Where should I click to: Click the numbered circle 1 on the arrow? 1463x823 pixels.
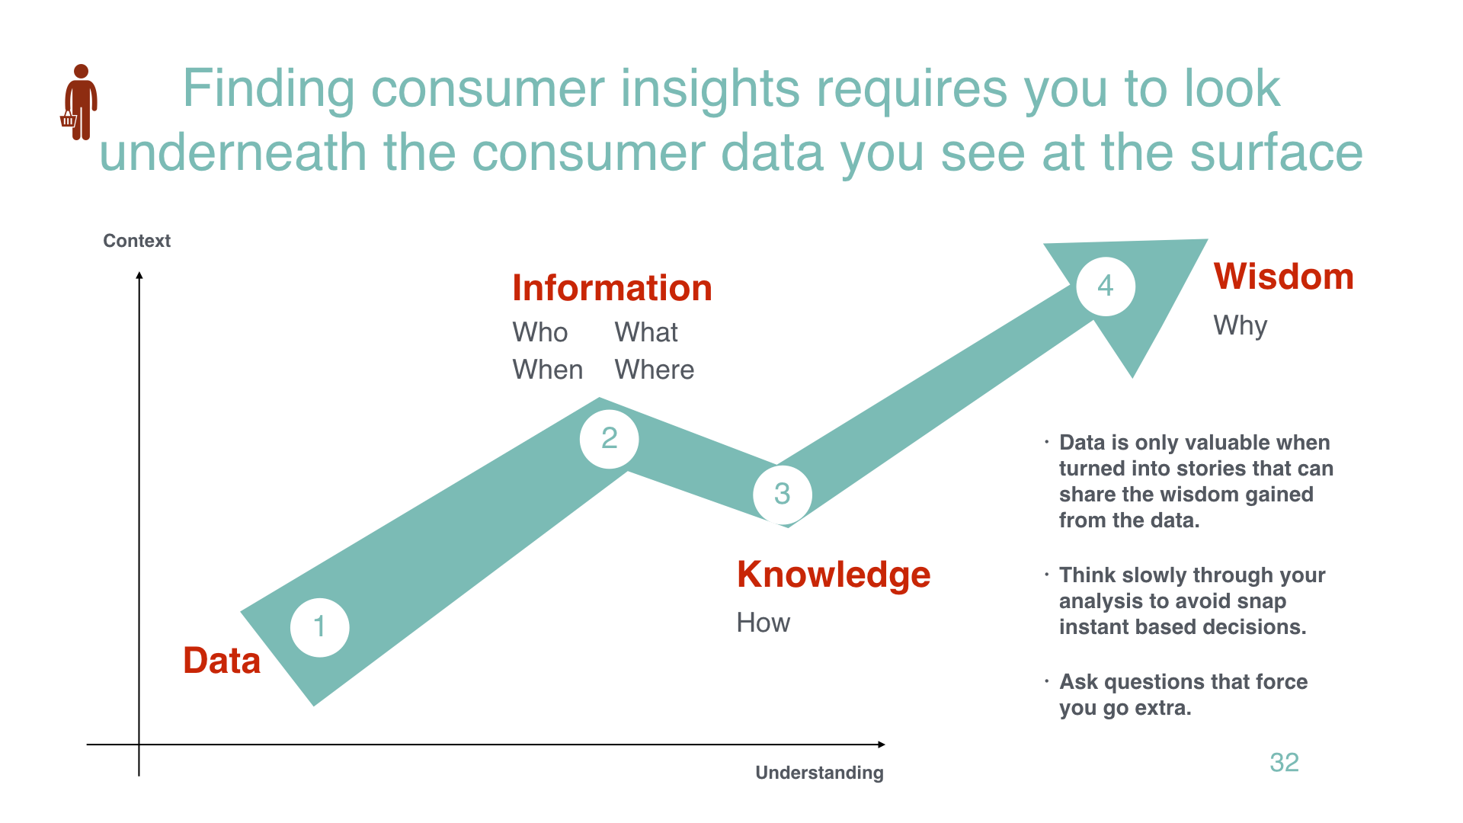(320, 627)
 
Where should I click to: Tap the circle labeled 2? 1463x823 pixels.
(609, 439)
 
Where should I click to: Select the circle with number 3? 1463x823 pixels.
(783, 495)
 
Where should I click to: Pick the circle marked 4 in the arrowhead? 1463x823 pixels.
(1106, 287)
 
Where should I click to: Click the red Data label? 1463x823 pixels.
(222, 661)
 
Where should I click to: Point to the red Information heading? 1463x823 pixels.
(612, 288)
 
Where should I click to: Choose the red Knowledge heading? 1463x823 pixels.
(834, 575)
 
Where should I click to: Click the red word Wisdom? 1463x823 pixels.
(1284, 277)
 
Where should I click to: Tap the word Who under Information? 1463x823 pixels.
(540, 332)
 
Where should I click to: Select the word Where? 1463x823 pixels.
(655, 370)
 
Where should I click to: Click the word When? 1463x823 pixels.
(548, 370)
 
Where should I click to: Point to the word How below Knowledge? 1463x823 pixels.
(764, 623)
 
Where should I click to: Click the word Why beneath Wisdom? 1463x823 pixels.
(1241, 326)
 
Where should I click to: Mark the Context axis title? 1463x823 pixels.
(137, 241)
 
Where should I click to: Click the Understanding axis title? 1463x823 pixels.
(820, 773)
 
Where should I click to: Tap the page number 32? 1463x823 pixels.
(1284, 762)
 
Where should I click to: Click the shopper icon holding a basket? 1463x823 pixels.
(79, 102)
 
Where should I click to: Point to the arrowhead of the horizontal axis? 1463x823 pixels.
(882, 745)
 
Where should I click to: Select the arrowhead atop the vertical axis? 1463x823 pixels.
(139, 275)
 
